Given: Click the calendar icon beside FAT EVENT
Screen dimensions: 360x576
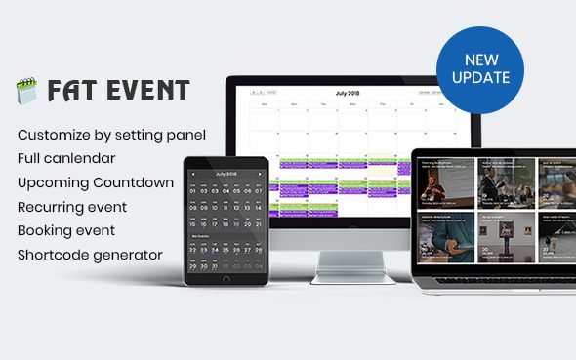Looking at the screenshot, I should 25,92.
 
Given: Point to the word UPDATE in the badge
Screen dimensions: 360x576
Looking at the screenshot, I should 479,78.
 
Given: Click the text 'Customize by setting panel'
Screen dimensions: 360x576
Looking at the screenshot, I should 111,134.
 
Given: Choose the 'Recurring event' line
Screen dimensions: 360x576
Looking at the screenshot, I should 71,207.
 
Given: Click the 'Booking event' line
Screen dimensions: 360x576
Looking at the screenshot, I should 65,230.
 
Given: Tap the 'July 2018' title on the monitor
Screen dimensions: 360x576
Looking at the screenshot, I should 347,93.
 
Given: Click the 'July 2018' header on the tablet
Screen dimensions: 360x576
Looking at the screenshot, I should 226,173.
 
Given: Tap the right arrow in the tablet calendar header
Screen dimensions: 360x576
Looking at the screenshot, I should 259,173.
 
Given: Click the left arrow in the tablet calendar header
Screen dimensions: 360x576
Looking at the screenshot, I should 193,173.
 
